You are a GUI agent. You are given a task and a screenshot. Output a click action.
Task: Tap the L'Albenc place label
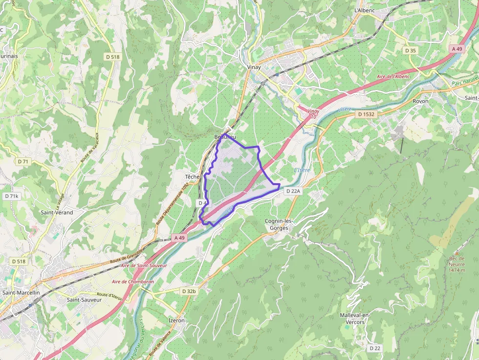point(364,10)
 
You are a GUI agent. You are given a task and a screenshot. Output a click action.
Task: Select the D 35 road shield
point(411,50)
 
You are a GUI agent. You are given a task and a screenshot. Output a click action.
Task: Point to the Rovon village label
point(420,101)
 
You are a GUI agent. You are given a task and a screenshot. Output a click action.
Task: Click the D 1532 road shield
point(366,114)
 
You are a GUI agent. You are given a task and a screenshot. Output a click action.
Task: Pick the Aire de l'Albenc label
point(393,77)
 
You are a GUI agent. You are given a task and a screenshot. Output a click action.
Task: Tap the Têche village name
point(192,176)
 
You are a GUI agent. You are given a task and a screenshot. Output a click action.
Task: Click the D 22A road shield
point(293,191)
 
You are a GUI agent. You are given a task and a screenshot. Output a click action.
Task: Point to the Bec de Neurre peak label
point(457,264)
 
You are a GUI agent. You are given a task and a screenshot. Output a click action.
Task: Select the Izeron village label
point(176,320)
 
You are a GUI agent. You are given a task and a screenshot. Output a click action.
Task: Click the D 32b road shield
point(189,291)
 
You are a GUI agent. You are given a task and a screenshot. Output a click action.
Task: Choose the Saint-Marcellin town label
point(21,293)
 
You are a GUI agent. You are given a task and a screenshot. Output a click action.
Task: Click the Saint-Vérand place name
point(57,212)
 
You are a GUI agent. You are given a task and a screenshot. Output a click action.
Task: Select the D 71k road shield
point(11,196)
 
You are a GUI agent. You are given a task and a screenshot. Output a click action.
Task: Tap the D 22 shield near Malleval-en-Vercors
point(375,348)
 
